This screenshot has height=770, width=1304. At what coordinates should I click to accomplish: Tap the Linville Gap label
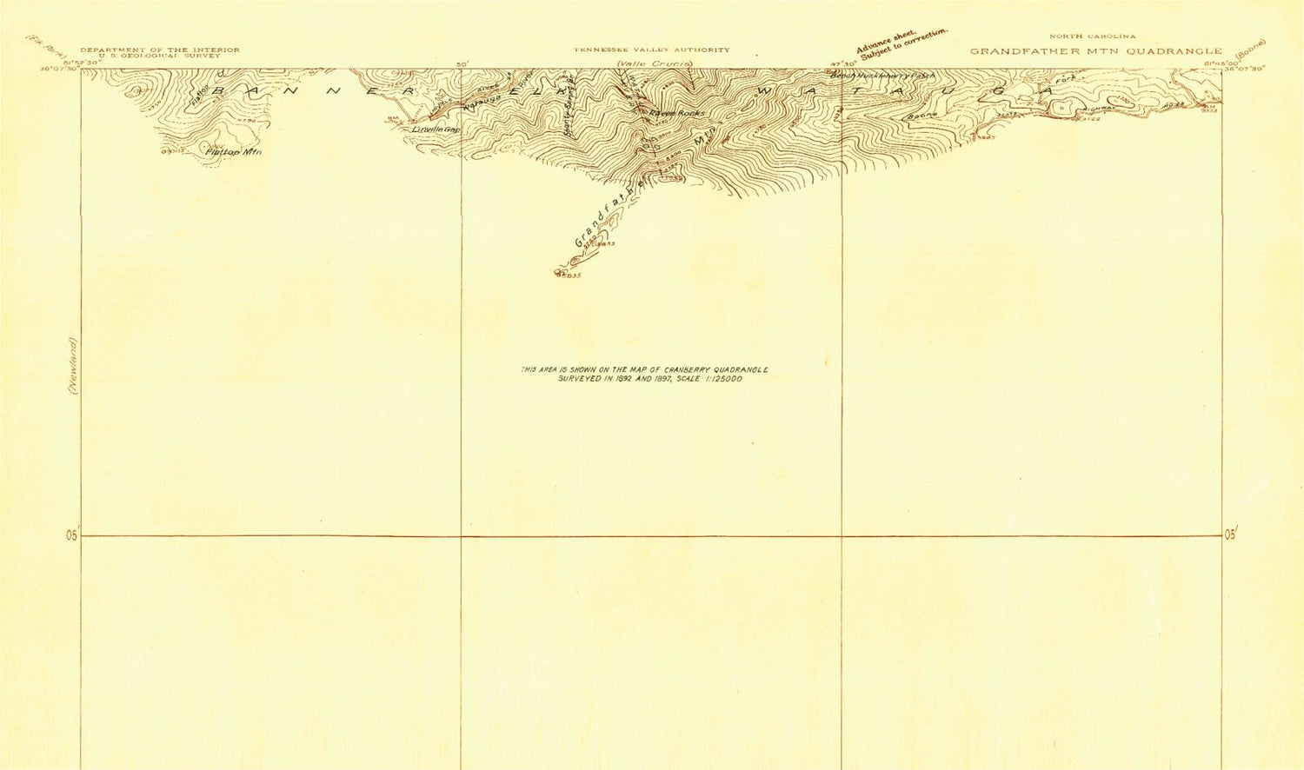click(x=436, y=129)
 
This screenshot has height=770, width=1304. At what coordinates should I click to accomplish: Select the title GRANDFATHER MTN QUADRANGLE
click(x=1095, y=51)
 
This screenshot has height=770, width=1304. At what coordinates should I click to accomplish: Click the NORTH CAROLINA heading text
click(x=1093, y=37)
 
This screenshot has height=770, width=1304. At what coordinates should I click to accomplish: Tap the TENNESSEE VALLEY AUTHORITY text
click(x=651, y=50)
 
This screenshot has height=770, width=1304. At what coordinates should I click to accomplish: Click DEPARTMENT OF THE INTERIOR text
click(x=160, y=50)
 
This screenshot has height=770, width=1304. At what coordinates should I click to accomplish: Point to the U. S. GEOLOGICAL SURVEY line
click(x=160, y=56)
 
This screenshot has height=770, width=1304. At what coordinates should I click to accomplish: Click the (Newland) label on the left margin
click(x=74, y=366)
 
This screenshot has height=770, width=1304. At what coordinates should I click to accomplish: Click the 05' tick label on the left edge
click(x=71, y=535)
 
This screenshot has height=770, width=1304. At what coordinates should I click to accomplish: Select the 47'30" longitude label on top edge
click(x=843, y=63)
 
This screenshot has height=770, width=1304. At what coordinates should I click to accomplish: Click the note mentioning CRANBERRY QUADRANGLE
click(x=644, y=374)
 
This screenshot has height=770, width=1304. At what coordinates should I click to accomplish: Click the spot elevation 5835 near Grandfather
click(x=569, y=276)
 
